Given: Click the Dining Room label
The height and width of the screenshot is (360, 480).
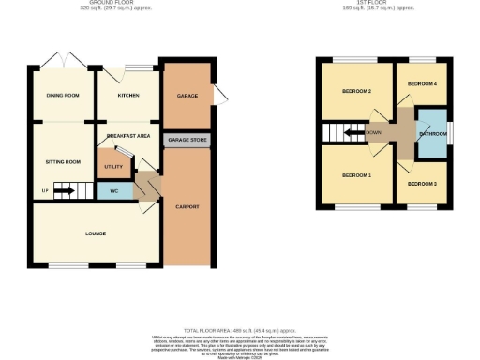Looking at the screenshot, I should tap(63, 96).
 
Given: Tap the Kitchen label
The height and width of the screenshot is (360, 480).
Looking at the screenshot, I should tap(128, 96).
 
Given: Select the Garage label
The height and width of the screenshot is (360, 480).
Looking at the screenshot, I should tap(186, 96).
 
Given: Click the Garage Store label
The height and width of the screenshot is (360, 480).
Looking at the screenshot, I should tap(186, 141).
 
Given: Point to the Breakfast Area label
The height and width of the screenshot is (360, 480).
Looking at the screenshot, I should tap(129, 137).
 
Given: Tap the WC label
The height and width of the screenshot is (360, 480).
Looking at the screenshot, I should tap(112, 191).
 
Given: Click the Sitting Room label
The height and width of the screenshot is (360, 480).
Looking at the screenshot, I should tap(63, 162).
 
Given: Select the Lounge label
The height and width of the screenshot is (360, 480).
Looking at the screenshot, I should tap(95, 233).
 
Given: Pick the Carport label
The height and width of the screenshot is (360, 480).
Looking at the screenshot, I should tap(187, 206).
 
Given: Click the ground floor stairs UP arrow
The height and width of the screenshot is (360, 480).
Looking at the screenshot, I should tap(63, 192).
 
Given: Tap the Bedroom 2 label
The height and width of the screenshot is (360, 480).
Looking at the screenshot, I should tap(356, 91).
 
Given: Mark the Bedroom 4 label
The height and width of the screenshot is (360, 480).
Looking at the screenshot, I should tap(422, 84).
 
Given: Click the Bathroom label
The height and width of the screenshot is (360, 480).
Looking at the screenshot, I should tap(432, 134).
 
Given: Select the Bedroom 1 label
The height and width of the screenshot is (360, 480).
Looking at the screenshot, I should tap(356, 175).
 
